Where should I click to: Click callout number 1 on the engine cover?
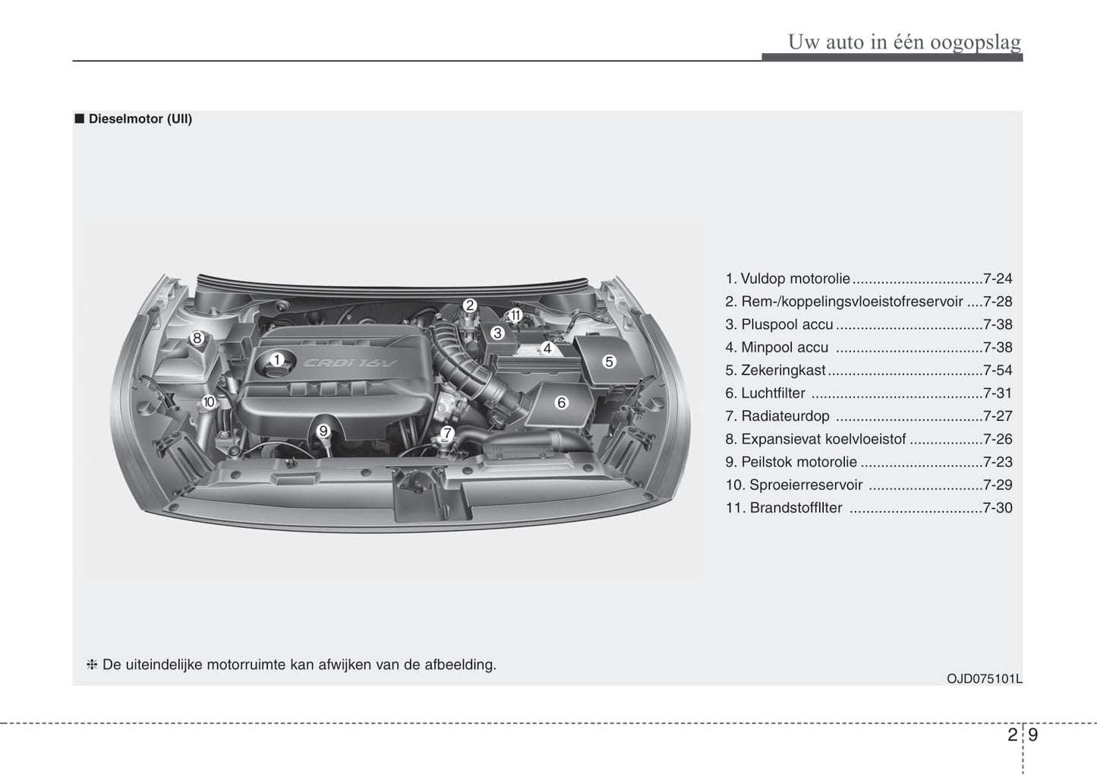coord(277,359)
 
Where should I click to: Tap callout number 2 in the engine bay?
coord(470,305)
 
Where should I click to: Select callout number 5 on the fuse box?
coord(609,362)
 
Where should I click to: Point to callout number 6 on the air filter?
coord(562,403)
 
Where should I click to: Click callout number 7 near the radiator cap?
coord(447,434)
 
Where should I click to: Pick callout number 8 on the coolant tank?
coord(197,338)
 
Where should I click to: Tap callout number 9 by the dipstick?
coord(323,431)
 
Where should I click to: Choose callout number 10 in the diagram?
coord(209,402)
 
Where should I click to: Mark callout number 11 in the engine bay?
coord(515,315)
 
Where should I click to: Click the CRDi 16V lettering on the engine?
coord(350,363)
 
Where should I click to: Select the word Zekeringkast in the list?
coord(783,371)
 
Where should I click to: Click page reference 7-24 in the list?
coord(997,279)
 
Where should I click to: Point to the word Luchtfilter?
coord(773,393)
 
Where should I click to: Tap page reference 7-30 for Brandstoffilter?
coord(997,508)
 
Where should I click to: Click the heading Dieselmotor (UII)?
coord(140,119)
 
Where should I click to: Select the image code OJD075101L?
coord(984,679)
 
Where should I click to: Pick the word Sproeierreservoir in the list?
coord(805,485)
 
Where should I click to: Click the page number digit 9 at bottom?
coord(1033,735)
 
